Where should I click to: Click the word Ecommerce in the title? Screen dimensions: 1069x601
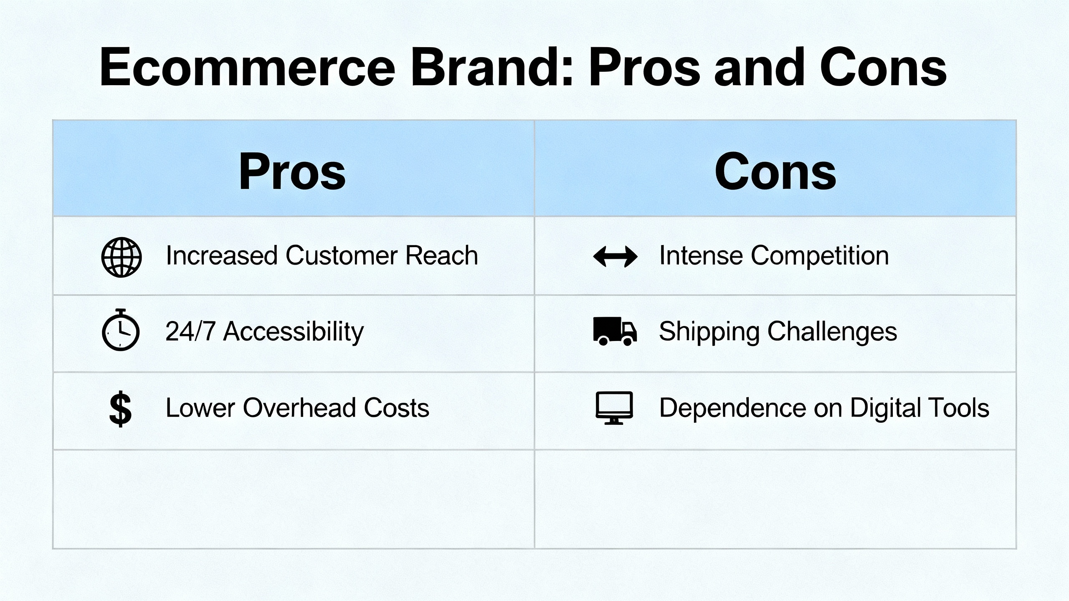click(247, 67)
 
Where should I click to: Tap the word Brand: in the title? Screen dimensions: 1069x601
click(493, 67)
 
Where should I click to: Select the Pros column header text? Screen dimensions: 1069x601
click(292, 171)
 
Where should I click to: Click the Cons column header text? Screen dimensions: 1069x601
click(775, 171)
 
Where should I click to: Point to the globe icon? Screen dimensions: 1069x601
click(122, 257)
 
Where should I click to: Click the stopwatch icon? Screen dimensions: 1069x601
click(121, 330)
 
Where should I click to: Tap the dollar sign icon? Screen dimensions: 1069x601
click(120, 409)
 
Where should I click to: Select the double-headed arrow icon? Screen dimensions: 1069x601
click(615, 256)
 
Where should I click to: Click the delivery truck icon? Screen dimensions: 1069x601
click(615, 331)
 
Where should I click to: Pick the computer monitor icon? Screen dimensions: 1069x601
click(614, 408)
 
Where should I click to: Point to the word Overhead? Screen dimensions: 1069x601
click(299, 408)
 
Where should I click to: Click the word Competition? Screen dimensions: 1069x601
click(820, 256)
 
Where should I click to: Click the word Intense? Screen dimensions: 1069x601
click(701, 255)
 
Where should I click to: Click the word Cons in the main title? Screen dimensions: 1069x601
click(883, 67)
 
